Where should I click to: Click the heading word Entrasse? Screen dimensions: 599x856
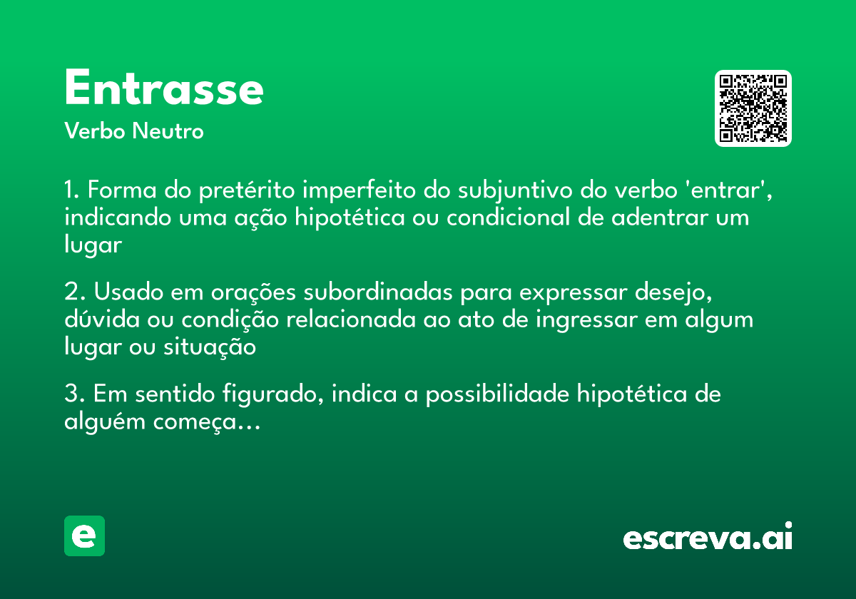pyautogui.click(x=164, y=89)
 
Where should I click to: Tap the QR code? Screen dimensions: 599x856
pyautogui.click(x=753, y=108)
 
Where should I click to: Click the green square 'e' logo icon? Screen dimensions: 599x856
pyautogui.click(x=84, y=536)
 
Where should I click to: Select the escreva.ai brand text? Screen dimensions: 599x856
pyautogui.click(x=708, y=538)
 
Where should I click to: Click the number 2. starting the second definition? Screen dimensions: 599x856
pyautogui.click(x=74, y=292)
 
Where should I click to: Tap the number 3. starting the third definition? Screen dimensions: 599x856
pyautogui.click(x=74, y=394)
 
